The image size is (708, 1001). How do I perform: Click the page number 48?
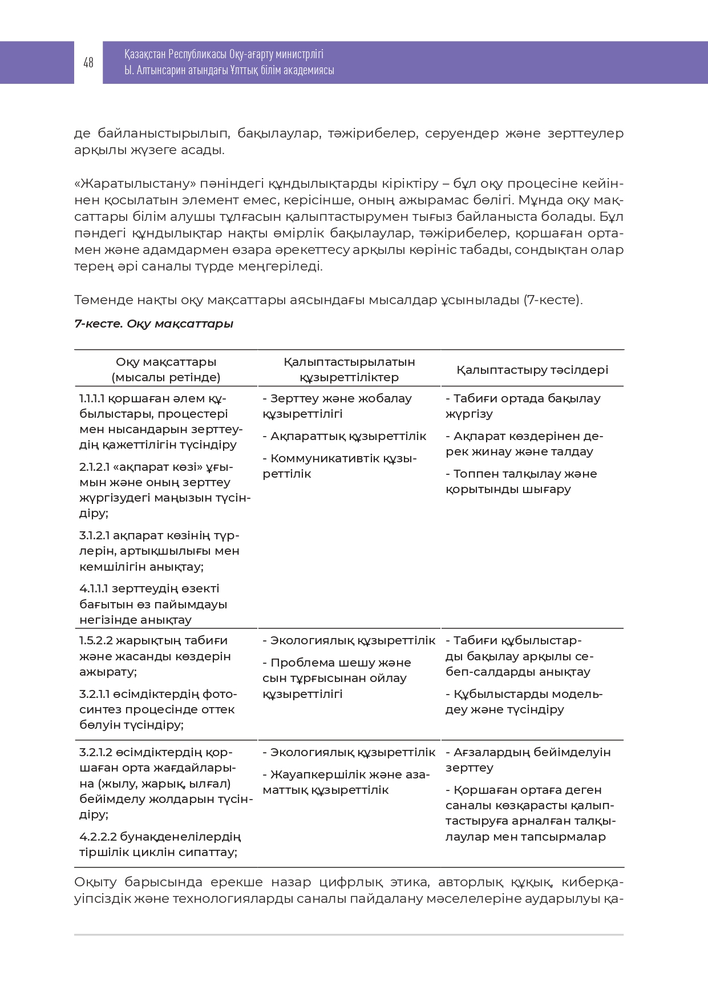(x=88, y=62)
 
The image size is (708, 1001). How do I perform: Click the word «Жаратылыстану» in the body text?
(x=135, y=184)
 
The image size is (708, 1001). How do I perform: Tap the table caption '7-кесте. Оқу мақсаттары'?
(x=154, y=324)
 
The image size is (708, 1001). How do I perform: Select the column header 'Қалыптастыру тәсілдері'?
(x=532, y=370)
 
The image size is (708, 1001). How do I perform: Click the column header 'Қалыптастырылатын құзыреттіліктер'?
(x=349, y=369)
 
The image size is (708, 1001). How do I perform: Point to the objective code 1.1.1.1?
(x=92, y=398)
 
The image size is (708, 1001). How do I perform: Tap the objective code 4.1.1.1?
(x=94, y=588)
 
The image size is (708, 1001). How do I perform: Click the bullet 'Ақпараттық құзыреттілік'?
(x=348, y=436)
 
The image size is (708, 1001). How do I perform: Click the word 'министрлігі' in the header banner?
(x=299, y=54)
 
